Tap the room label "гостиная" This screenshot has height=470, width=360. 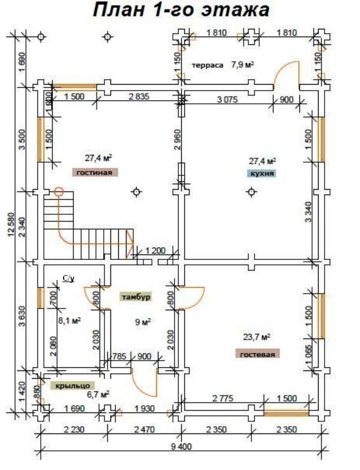click(94, 172)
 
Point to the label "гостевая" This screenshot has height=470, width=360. click(257, 355)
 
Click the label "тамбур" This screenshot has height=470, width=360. click(135, 297)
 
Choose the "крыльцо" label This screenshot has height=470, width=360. click(70, 385)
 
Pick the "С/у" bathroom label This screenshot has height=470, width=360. click(68, 279)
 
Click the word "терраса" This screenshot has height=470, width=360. click(208, 64)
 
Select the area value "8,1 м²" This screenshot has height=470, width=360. click(69, 321)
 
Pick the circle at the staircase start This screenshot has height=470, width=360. click(59, 192)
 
